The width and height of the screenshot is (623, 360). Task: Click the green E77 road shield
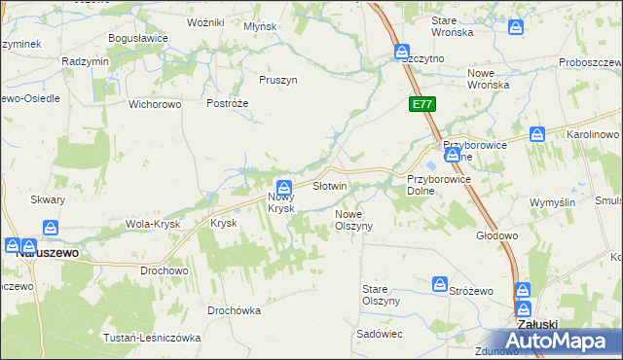[x=421, y=104]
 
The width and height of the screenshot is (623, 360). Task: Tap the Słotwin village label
[x=329, y=186]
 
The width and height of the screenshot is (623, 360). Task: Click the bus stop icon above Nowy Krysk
[x=283, y=188]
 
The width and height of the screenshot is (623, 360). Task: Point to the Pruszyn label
[x=278, y=81]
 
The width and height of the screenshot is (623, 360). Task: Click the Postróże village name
[x=229, y=103]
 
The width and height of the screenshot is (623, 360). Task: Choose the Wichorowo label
[x=157, y=103]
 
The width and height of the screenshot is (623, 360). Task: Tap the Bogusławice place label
[x=139, y=38]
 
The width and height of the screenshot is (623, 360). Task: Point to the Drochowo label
[x=164, y=270]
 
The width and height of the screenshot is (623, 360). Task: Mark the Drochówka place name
[x=235, y=311]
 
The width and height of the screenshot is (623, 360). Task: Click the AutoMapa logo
[x=566, y=342]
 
